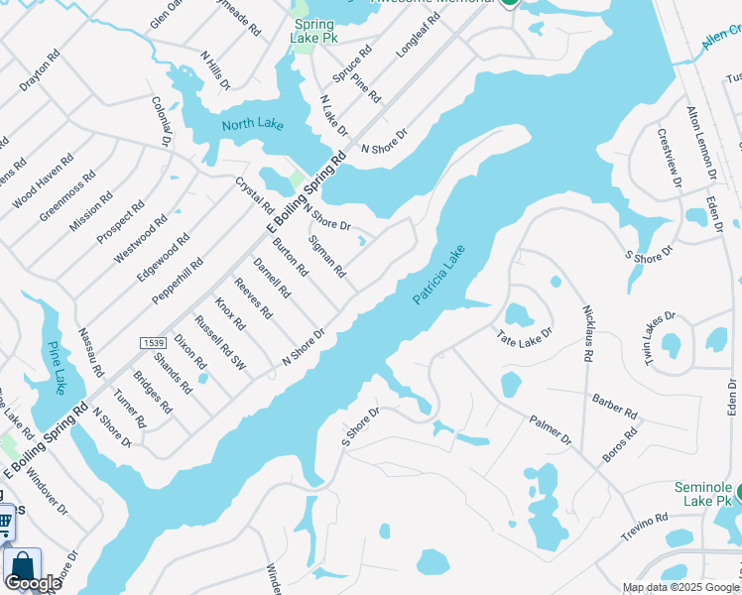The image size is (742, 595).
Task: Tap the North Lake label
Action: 252,124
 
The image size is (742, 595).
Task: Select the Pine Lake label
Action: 56,368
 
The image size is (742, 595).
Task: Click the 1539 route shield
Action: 152,342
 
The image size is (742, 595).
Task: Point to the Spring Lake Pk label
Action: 314,30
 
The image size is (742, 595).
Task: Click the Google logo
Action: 33,582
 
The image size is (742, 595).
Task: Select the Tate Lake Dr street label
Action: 523,337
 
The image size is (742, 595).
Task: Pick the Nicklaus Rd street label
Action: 588,332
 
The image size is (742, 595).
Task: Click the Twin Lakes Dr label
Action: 661,338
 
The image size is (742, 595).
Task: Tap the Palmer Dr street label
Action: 551,429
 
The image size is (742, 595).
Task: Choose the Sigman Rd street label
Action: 326,256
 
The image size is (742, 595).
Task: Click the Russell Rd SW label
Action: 219,341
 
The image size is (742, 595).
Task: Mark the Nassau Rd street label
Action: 90,353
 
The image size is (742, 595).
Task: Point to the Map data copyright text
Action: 680,586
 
